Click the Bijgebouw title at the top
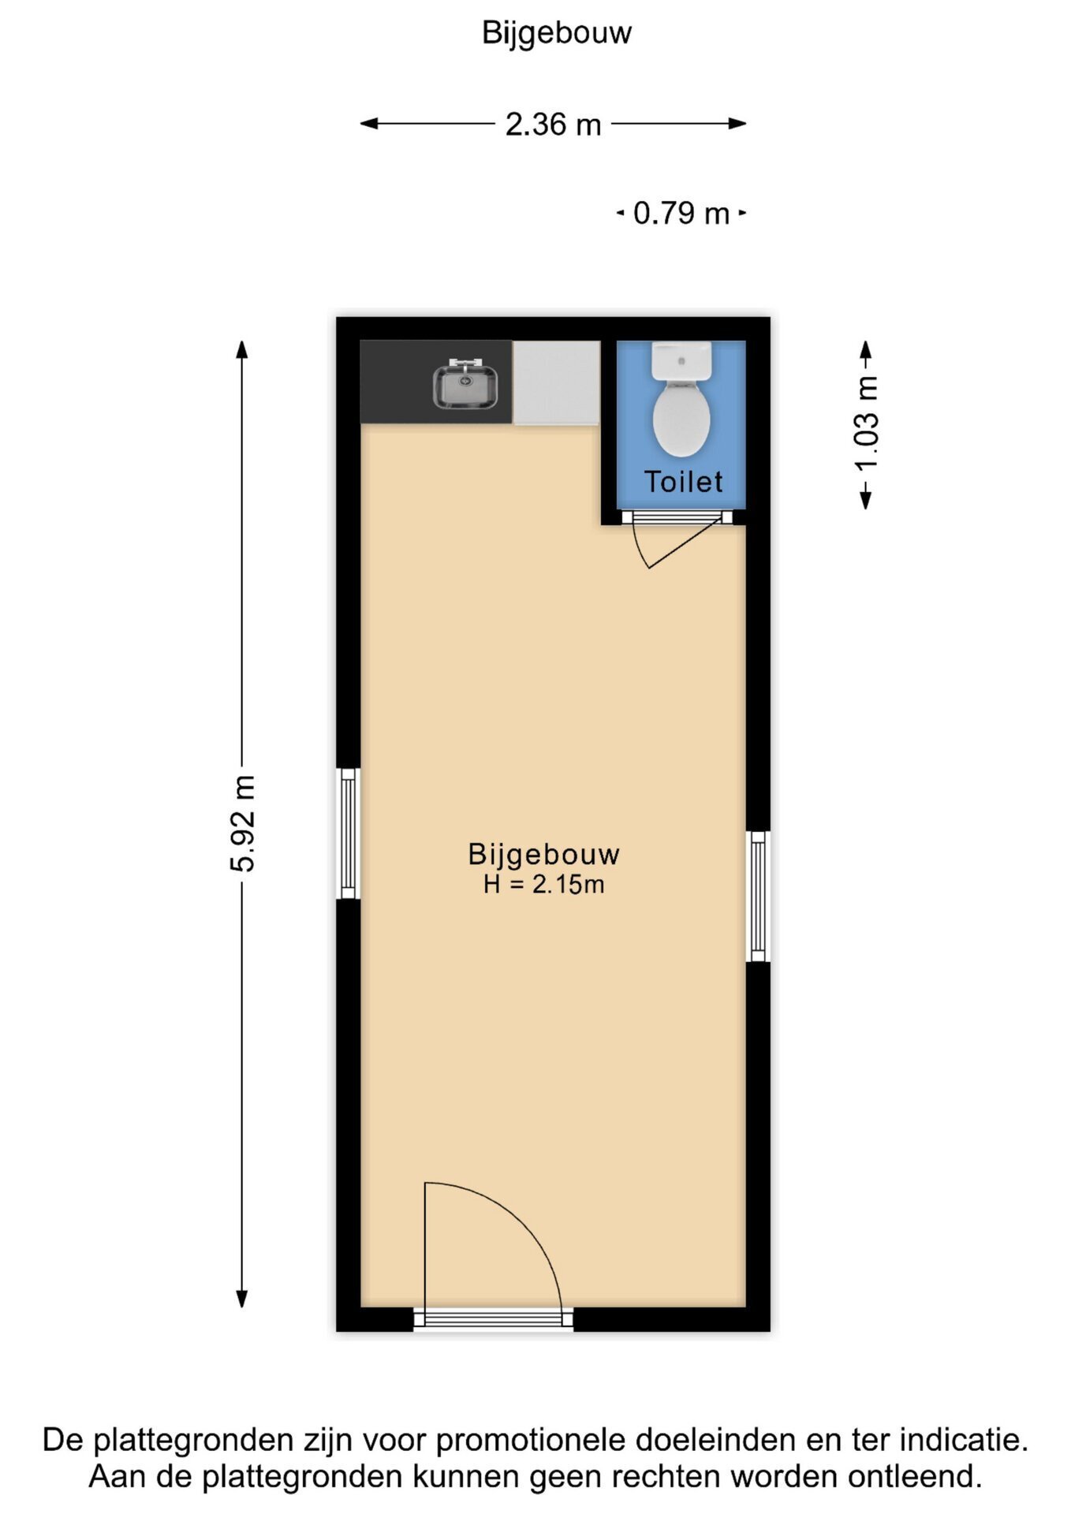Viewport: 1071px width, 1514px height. click(x=556, y=33)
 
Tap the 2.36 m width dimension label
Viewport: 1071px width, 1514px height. click(x=553, y=125)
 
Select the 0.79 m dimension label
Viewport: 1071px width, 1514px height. click(x=681, y=213)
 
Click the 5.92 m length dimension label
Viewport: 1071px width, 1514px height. click(x=243, y=823)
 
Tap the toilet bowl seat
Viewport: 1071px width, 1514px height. click(x=682, y=417)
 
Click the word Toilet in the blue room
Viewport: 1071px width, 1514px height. click(x=683, y=482)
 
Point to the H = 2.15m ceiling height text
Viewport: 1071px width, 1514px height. click(x=544, y=885)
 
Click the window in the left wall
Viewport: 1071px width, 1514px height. click(x=349, y=833)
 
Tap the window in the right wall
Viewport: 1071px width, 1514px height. click(x=758, y=896)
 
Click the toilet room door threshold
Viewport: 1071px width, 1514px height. click(x=672, y=517)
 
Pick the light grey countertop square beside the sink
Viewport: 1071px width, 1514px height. click(x=556, y=382)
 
